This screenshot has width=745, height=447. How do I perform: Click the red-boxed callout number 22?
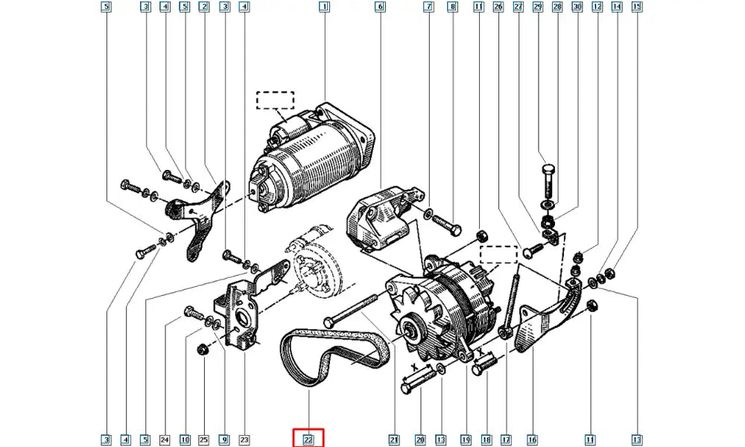[x=308, y=440]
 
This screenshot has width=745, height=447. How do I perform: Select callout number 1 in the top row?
[x=324, y=8]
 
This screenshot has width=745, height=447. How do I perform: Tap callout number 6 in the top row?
[x=380, y=8]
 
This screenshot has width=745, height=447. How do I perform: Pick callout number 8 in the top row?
[x=451, y=8]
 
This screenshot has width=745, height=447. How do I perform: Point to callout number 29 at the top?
[x=537, y=8]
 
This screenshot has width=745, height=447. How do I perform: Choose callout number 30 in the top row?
[x=577, y=8]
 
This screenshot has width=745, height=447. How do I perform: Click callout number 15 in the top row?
[x=637, y=8]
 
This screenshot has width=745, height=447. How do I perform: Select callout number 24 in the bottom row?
[x=165, y=440]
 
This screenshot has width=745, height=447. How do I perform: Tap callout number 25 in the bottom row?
[x=204, y=440]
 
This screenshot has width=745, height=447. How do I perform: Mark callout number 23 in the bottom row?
[x=244, y=440]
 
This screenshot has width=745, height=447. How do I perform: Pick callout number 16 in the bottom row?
[x=533, y=440]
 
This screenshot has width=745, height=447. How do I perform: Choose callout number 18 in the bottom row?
[x=486, y=440]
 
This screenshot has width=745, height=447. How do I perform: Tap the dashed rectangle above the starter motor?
[x=276, y=100]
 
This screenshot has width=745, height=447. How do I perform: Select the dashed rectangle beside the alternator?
[x=498, y=255]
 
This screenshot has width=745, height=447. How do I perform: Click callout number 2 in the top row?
[x=204, y=8]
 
